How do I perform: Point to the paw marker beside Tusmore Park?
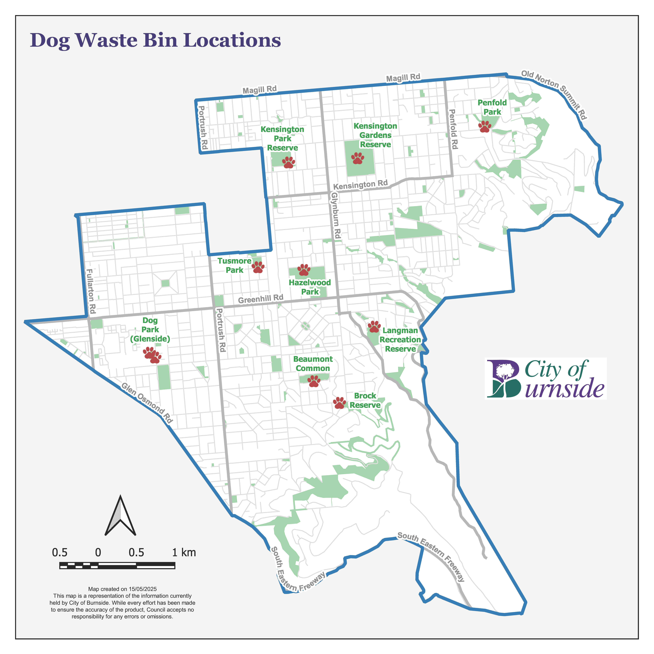[x=258, y=267]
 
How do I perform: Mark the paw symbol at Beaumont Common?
[x=314, y=381]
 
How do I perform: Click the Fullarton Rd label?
[x=91, y=291]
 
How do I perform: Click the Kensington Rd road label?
[x=360, y=185]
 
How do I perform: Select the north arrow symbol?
[x=121, y=516]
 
